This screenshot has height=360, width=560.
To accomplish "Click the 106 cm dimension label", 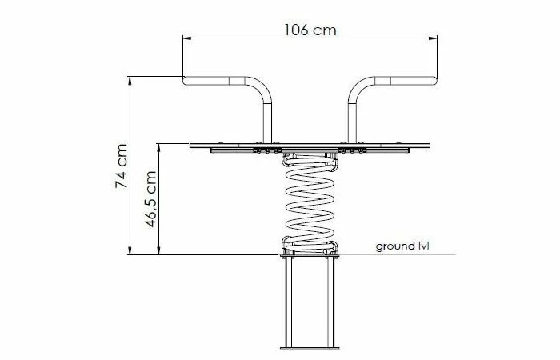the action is point(310,30).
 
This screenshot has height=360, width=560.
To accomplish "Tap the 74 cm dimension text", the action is point(122,166).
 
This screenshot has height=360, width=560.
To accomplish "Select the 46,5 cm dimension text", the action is point(150,199).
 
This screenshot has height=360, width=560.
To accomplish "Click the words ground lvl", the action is point(402,246).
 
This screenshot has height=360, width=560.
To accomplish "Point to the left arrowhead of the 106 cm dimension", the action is point(186,38).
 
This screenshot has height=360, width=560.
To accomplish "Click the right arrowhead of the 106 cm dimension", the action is point(434,38).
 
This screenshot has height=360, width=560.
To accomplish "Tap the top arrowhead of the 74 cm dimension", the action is point(130,80).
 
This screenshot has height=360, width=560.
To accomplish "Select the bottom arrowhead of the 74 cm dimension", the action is point(130,250).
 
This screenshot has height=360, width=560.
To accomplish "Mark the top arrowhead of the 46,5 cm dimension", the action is point(159,148).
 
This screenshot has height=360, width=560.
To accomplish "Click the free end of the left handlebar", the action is point(184,81).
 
